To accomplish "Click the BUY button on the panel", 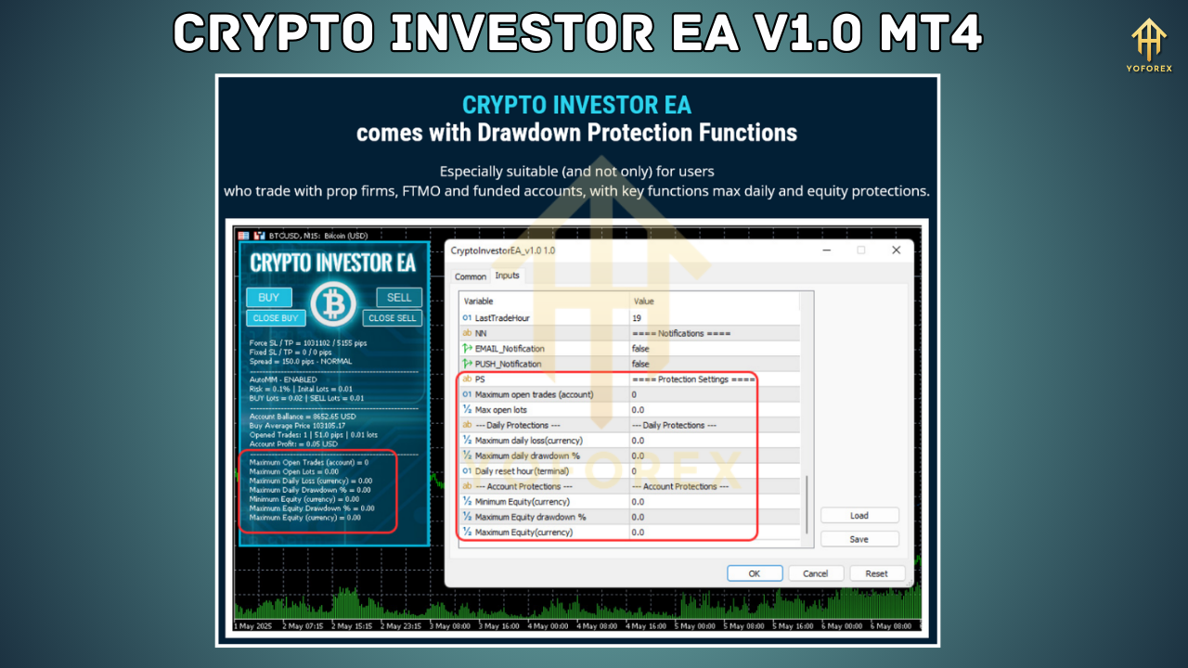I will (268, 298).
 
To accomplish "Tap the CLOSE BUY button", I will (276, 318).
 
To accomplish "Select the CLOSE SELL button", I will (393, 318).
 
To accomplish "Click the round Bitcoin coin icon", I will (333, 304).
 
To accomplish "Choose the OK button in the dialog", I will (754, 573).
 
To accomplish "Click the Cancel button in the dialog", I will (815, 573).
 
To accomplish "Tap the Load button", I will (859, 516).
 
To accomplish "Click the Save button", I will (859, 539).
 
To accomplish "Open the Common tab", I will (470, 276).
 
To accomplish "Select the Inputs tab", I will (508, 276).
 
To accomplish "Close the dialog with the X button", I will (896, 250).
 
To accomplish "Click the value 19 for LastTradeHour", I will (638, 317).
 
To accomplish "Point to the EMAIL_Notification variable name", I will (510, 349).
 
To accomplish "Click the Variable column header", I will (479, 302).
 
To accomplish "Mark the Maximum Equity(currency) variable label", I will (523, 533).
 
